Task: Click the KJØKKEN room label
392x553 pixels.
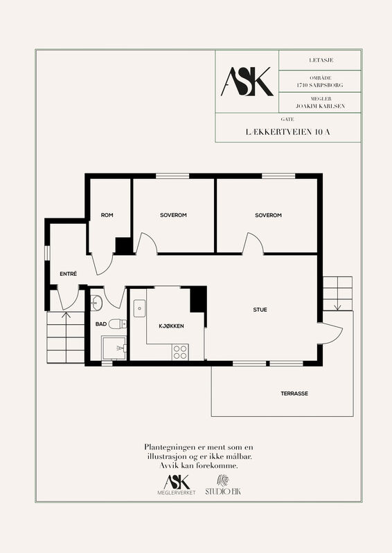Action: (172, 326)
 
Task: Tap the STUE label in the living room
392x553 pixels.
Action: (260, 310)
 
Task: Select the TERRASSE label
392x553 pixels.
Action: (294, 393)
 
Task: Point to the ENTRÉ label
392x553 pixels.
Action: (69, 274)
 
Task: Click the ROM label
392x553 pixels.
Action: (107, 215)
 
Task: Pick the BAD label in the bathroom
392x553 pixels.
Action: (100, 324)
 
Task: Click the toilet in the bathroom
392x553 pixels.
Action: (117, 324)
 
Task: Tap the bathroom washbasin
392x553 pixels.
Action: (96, 303)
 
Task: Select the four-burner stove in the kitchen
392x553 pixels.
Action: (180, 352)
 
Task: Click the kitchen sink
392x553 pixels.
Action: (139, 308)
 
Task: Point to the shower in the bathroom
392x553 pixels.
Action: (114, 348)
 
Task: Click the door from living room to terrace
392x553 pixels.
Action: (330, 333)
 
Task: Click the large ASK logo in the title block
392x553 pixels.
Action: (247, 82)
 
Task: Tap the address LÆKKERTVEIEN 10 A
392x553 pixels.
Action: (287, 132)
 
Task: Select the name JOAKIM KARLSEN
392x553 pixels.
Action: (320, 106)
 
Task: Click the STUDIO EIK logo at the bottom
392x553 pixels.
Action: (223, 485)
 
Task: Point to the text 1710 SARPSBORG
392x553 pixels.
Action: (320, 85)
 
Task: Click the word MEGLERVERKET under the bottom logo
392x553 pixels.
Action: (177, 493)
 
